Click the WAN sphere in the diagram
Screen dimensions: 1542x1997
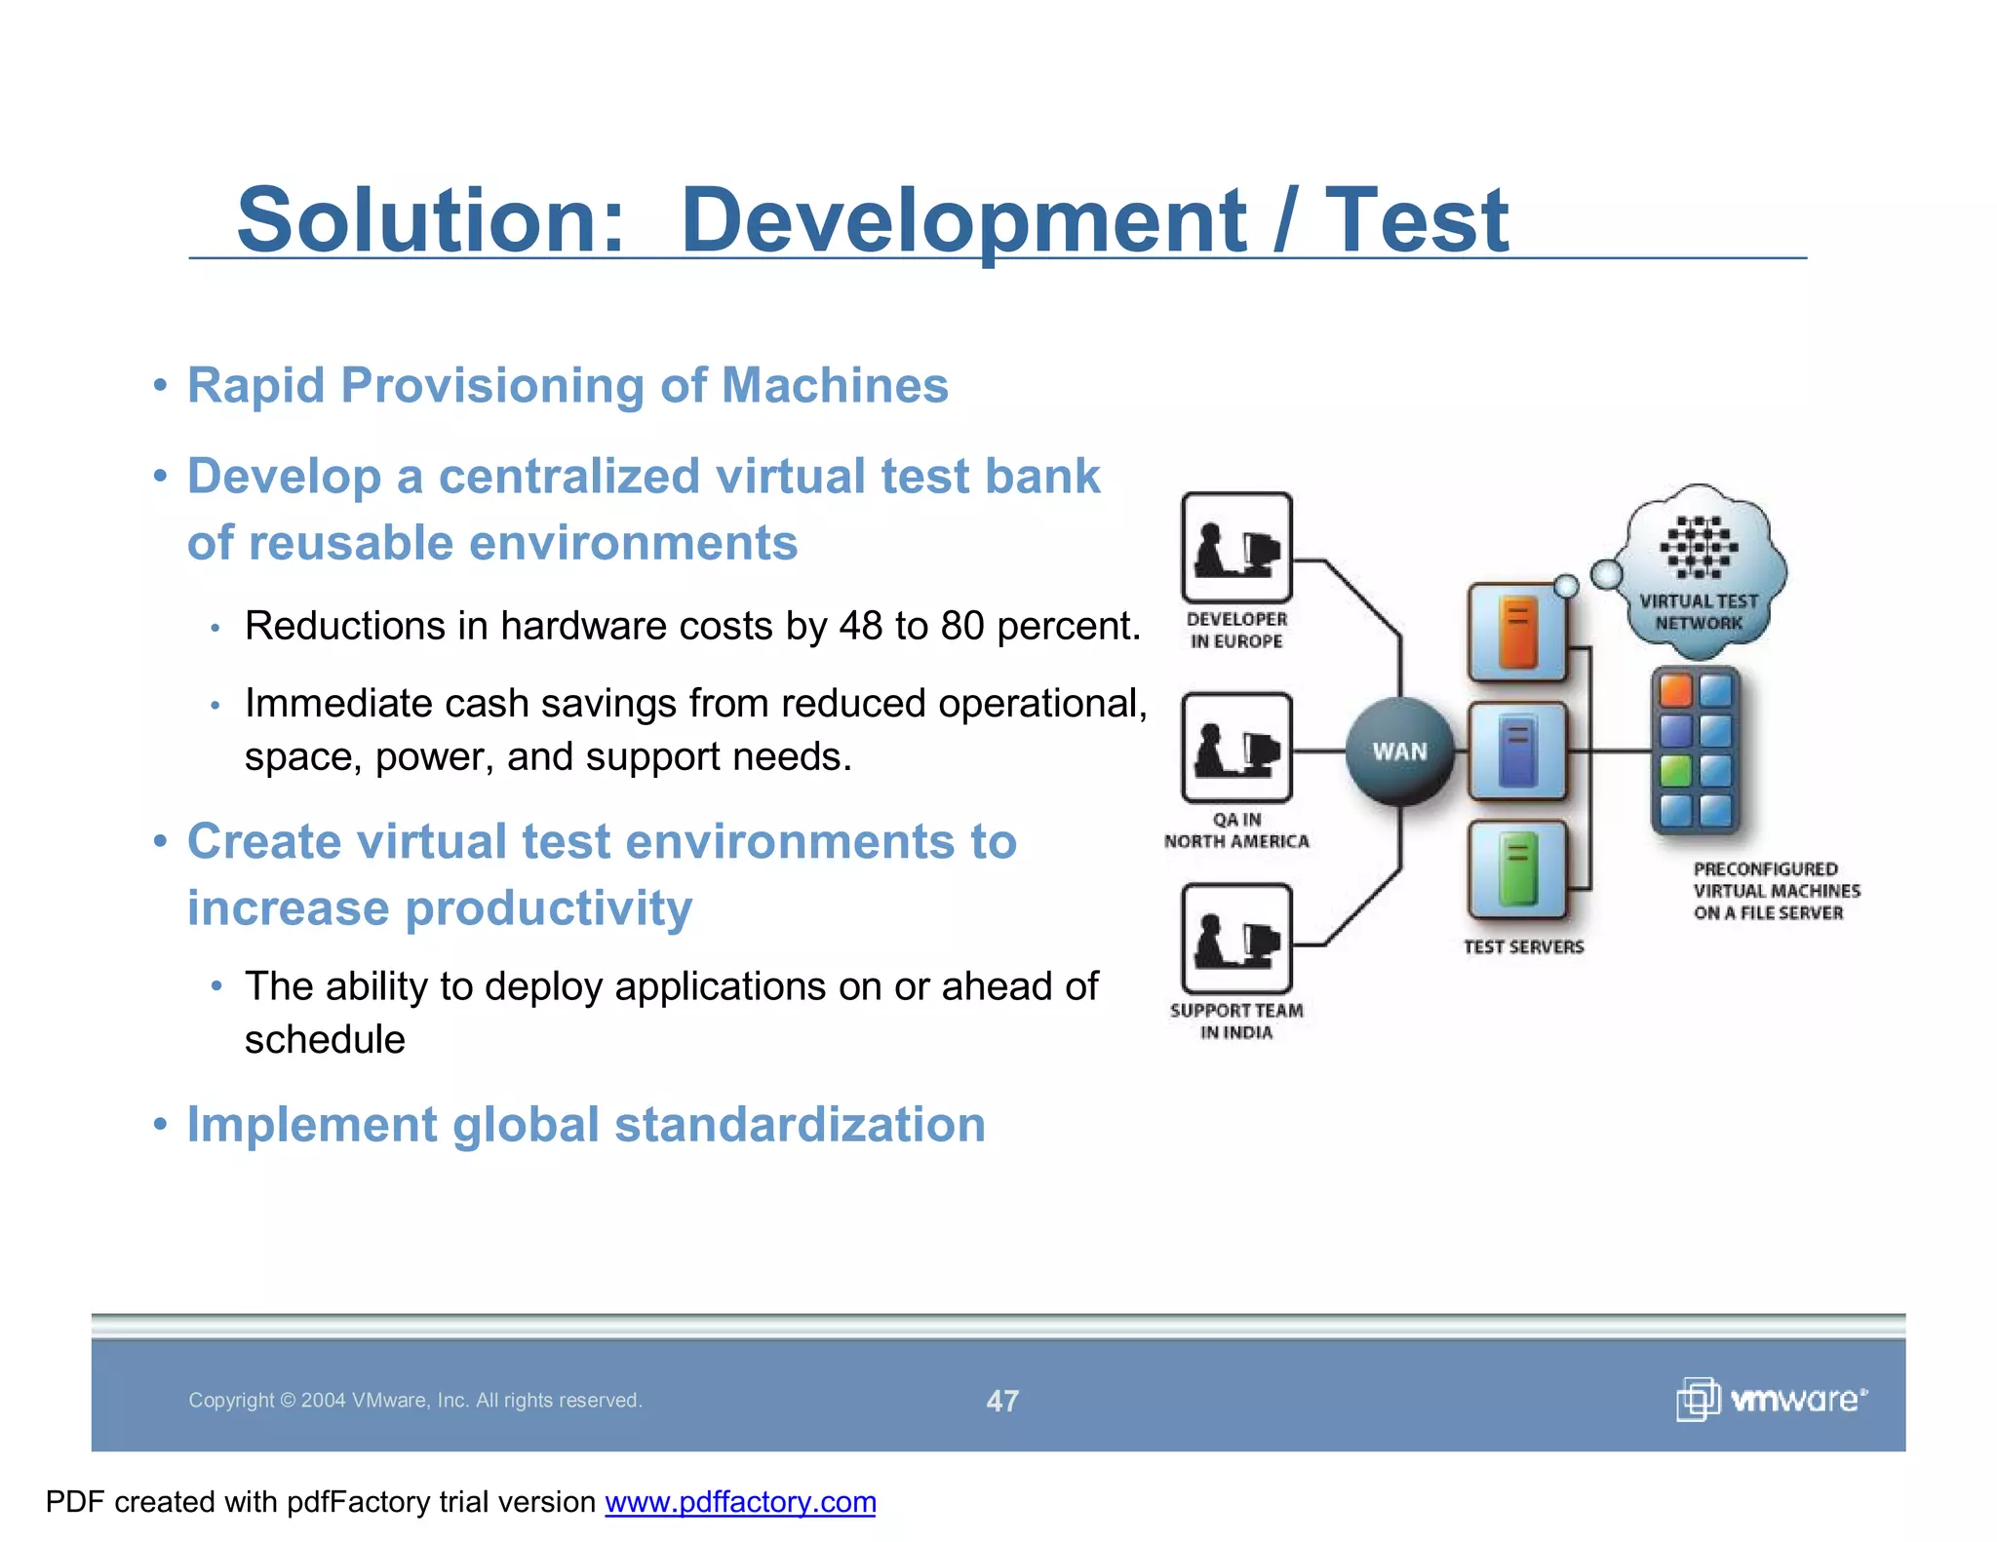tap(1399, 752)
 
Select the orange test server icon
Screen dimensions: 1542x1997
tap(1517, 633)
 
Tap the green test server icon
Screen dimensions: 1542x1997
tap(1517, 868)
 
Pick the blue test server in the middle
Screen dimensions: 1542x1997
tap(1517, 751)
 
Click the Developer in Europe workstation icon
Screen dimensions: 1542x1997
tap(1236, 548)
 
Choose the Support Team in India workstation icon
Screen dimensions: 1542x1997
tap(1236, 939)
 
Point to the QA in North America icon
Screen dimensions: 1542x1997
tap(1236, 748)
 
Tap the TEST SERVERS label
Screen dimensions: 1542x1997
tap(1523, 946)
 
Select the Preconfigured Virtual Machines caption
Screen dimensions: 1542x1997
tap(1776, 891)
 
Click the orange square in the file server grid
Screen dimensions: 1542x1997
tap(1675, 690)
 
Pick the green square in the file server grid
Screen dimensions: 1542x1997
tap(1675, 770)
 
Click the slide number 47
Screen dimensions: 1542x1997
tap(1002, 1401)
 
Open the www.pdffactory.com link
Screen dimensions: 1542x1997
tap(740, 1502)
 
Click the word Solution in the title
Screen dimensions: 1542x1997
tap(429, 220)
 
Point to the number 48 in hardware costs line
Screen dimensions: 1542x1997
tap(860, 626)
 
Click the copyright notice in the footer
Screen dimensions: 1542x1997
tap(415, 1401)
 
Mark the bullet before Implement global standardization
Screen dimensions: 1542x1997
tap(161, 1125)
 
